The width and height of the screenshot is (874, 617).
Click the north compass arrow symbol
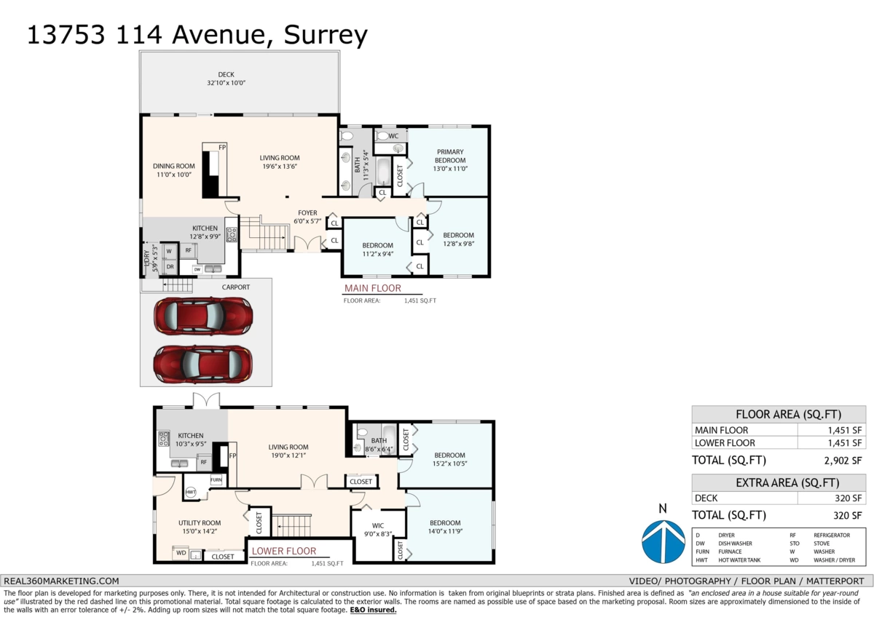[663, 541]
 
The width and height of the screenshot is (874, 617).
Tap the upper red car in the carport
[203, 316]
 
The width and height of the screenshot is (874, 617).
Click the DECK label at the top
[227, 74]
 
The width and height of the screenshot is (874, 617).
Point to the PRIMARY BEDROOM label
[449, 156]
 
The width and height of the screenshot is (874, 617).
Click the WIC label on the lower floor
[378, 525]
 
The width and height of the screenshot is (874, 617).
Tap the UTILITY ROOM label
[200, 522]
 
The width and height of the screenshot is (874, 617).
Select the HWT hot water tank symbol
[191, 493]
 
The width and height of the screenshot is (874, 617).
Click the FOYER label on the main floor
[307, 212]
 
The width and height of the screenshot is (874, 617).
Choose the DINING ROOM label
[174, 166]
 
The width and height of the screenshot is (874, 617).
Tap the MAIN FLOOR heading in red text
[372, 288]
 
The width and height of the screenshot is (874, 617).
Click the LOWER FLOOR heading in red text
[284, 552]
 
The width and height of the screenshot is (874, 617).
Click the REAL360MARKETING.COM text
[61, 581]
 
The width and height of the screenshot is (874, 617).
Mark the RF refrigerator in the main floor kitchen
[188, 250]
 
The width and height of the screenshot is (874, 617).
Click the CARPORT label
[235, 287]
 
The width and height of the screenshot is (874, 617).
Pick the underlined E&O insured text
[373, 610]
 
